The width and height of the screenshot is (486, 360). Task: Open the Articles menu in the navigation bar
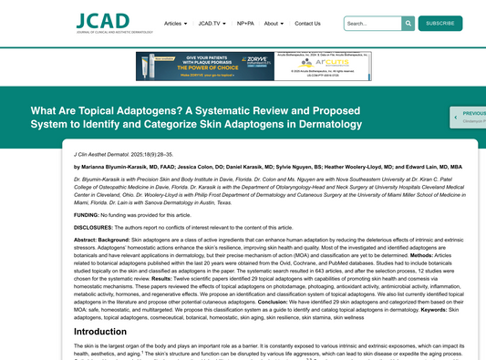pyautogui.click(x=175, y=23)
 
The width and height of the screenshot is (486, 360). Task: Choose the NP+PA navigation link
pyautogui.click(x=246, y=23)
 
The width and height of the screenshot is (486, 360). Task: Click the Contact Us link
pyautogui.click(x=308, y=23)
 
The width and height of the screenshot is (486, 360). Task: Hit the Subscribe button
pyautogui.click(x=440, y=23)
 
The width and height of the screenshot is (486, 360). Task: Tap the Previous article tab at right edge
pyautogui.click(x=469, y=117)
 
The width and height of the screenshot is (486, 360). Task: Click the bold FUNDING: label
pyautogui.click(x=88, y=214)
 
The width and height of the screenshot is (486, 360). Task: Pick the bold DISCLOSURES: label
pyautogui.click(x=95, y=226)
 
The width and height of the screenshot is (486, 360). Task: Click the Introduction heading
pyautogui.click(x=100, y=332)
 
